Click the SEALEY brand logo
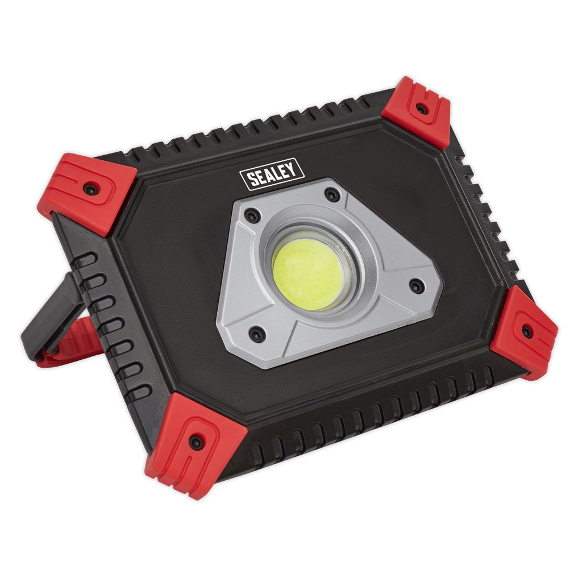(272, 174)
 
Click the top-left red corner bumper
(88, 193)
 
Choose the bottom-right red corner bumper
(524, 332)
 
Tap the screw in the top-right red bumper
(421, 109)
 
